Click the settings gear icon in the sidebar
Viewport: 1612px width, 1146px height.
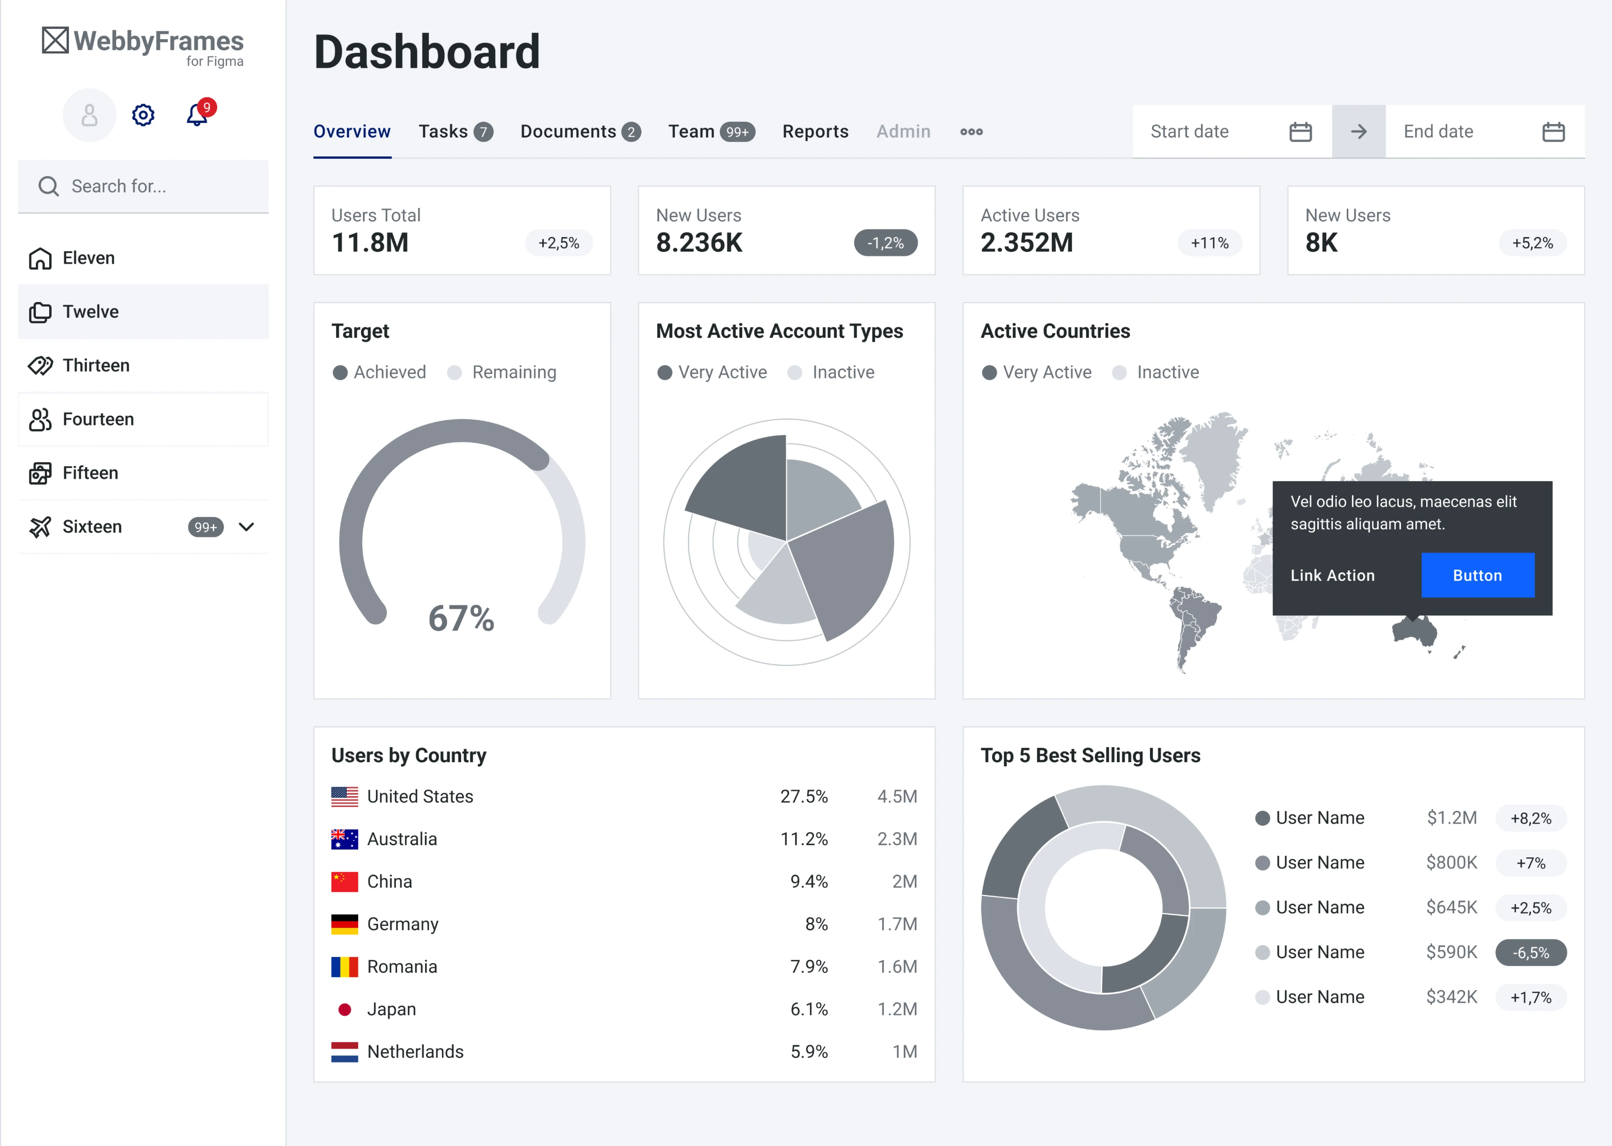pyautogui.click(x=143, y=115)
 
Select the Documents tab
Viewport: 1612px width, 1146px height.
pyautogui.click(x=568, y=132)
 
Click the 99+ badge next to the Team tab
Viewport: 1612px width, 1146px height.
pyautogui.click(x=737, y=132)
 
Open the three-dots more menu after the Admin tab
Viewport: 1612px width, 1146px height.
pyautogui.click(x=971, y=132)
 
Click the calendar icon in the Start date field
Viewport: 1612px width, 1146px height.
pyautogui.click(x=1300, y=132)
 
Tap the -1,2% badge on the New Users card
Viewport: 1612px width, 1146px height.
pyautogui.click(x=885, y=243)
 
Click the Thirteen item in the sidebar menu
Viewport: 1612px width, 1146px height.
pyautogui.click(x=96, y=365)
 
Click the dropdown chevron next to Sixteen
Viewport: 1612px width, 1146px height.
pyautogui.click(x=246, y=527)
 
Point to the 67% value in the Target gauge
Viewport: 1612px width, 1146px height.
pyautogui.click(x=461, y=618)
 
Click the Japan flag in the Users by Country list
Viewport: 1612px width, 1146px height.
pyautogui.click(x=344, y=1009)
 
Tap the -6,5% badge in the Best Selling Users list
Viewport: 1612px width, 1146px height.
pyautogui.click(x=1531, y=952)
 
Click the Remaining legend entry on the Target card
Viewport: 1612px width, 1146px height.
pyautogui.click(x=514, y=373)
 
